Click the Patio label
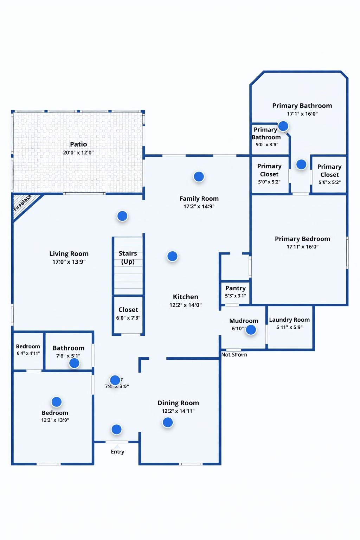78,144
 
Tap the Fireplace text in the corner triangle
22,203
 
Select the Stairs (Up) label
128,257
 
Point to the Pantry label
236,288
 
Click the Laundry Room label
289,320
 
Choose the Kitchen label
186,297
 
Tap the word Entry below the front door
117,452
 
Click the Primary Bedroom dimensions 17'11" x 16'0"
302,247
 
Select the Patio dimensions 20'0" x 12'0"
78,153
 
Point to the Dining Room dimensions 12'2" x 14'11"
178,411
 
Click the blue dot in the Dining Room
168,422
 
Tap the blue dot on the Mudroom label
251,330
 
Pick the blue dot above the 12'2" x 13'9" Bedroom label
57,401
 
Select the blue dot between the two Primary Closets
301,164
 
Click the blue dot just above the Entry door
116,429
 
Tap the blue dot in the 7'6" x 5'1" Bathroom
74,363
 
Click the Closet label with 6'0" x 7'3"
128,310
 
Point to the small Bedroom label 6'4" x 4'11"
28,346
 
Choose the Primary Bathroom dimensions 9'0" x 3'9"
267,144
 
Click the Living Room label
69,253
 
